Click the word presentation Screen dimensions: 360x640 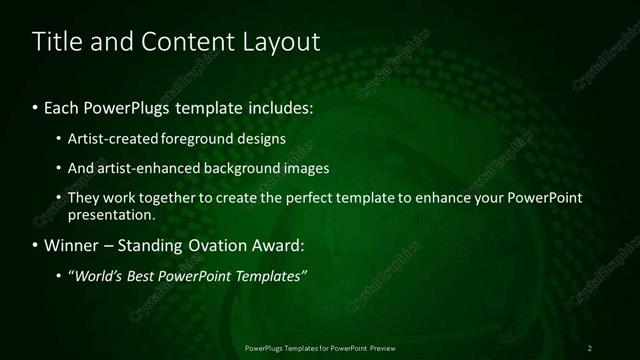pos(110,214)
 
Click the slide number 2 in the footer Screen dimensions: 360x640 pos(590,347)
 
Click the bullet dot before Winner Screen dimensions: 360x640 pos(36,245)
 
